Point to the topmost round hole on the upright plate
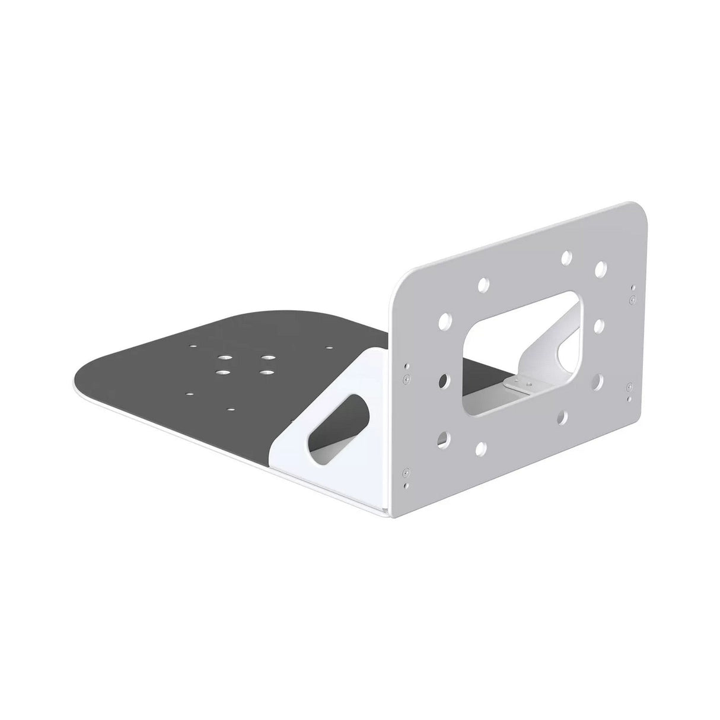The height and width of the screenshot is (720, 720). pyautogui.click(x=566, y=257)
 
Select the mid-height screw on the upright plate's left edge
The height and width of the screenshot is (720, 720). pyautogui.click(x=404, y=377)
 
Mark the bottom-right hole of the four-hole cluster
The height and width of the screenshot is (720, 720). pyautogui.click(x=265, y=372)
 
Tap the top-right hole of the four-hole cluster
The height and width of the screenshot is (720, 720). pyautogui.click(x=269, y=358)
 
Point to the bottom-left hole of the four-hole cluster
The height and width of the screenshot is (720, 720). pyautogui.click(x=221, y=372)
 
